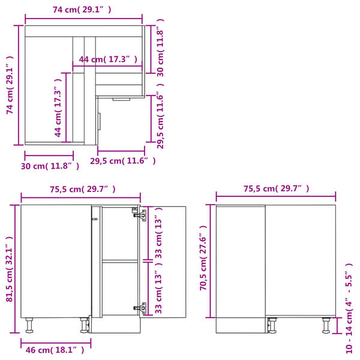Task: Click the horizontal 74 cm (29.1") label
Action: point(82,10)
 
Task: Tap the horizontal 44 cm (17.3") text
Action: point(108,59)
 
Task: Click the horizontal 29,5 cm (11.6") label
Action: point(122,161)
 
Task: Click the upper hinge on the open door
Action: point(142,214)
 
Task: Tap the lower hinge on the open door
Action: point(142,308)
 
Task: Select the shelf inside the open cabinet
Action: point(119,260)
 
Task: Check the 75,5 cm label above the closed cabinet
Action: point(276,189)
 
